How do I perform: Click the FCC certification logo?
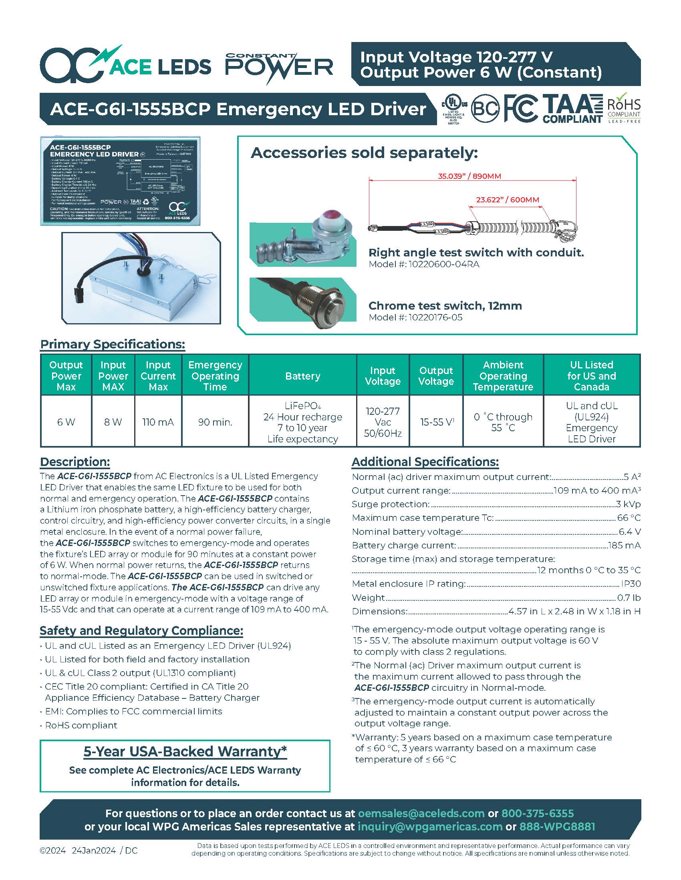[x=521, y=108]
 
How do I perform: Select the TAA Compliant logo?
[x=572, y=108]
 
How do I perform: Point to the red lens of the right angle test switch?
[x=331, y=214]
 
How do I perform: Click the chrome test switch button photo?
[x=302, y=300]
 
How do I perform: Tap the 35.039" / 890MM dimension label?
[x=469, y=176]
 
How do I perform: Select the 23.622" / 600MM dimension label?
[x=508, y=200]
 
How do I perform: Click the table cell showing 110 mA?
[x=158, y=422]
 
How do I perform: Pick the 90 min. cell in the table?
[x=215, y=422]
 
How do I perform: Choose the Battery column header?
[x=302, y=376]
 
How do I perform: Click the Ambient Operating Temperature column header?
[x=503, y=376]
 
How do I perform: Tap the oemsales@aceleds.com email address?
[x=421, y=814]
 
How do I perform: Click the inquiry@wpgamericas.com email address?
[x=430, y=827]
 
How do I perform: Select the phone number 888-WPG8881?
[x=557, y=827]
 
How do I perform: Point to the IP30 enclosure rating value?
[x=631, y=584]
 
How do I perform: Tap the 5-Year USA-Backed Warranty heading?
[x=185, y=752]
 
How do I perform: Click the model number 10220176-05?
[x=435, y=318]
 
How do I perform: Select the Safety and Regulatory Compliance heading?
[x=141, y=630]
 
